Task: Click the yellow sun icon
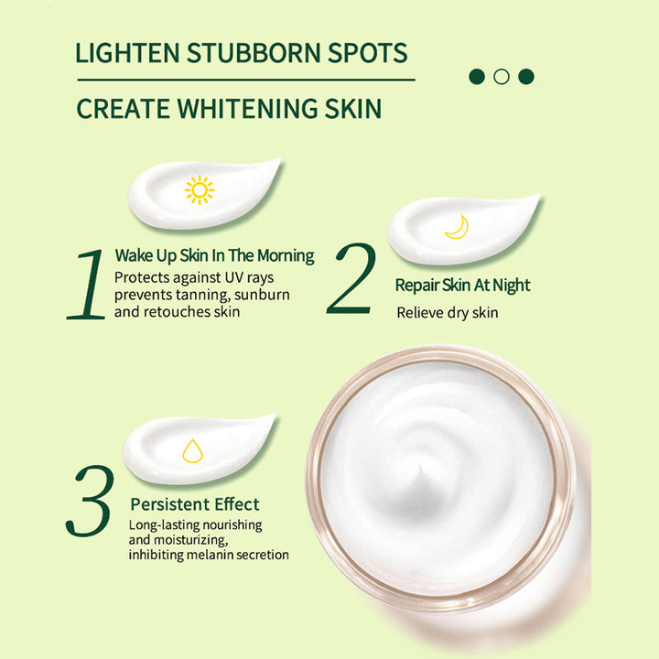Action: click(199, 189)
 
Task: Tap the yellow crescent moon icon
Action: click(456, 227)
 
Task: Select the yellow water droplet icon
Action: click(192, 450)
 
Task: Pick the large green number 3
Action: click(90, 501)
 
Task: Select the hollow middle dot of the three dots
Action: click(501, 76)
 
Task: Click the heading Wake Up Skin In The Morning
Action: click(214, 255)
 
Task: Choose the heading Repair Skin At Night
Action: click(462, 286)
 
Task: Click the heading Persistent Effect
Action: click(194, 504)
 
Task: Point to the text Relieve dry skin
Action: click(447, 313)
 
